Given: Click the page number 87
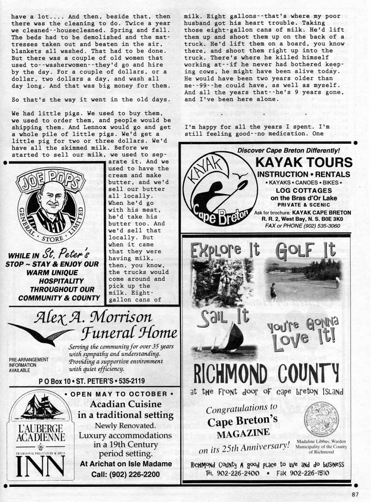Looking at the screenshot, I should pyautogui.click(x=355, y=494).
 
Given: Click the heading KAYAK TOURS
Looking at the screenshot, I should pyautogui.click(x=304, y=162).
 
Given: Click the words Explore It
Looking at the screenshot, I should pyautogui.click(x=225, y=250).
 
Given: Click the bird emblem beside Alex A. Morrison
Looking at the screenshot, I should pyautogui.click(x=38, y=333).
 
